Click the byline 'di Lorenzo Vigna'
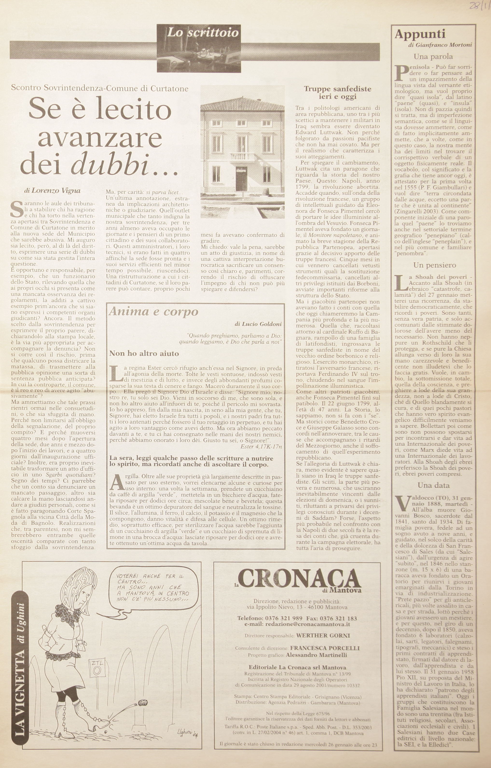tap(52, 191)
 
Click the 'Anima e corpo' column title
tap(153, 311)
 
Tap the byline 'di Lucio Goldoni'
tap(258, 324)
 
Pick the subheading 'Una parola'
tap(433, 57)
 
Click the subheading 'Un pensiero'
tap(435, 265)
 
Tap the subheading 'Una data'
tap(434, 485)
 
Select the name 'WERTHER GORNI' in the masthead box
tap(323, 635)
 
